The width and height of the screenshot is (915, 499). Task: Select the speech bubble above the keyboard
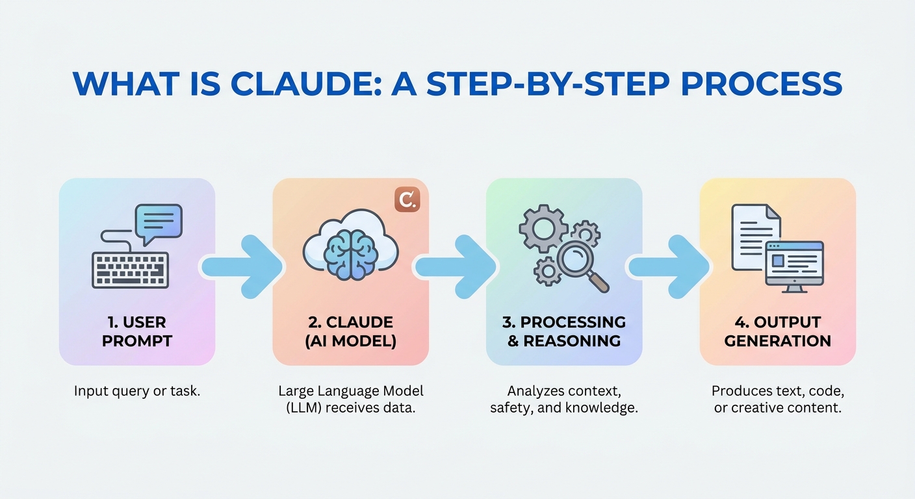(158, 222)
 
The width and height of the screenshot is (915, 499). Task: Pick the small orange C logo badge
(407, 199)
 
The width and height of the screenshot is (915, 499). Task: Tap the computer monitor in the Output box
(793, 264)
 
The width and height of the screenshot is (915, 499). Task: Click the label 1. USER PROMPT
(137, 331)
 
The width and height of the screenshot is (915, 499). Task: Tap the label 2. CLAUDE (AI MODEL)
(350, 331)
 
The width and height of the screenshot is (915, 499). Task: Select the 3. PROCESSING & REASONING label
(564, 331)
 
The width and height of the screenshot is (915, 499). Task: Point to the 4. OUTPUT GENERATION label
(777, 331)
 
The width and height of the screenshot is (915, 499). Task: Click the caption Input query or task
(137, 391)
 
